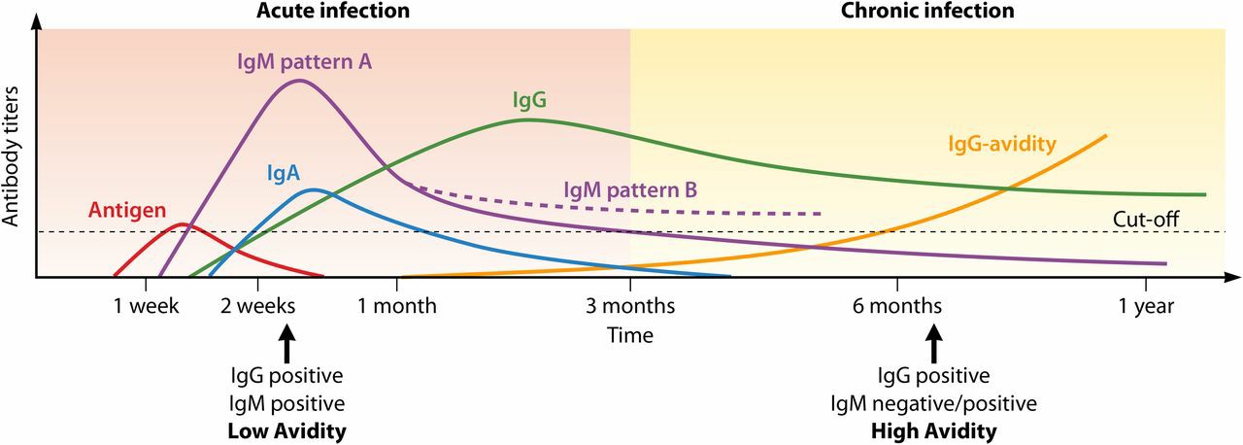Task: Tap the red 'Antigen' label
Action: (x=126, y=209)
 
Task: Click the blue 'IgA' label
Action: (x=283, y=174)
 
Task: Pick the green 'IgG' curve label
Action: (x=528, y=99)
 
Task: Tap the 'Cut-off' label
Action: (x=1147, y=220)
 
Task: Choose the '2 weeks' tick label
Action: (x=257, y=306)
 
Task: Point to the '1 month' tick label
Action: (x=397, y=306)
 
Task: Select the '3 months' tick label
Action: (x=630, y=306)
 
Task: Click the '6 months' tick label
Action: (x=896, y=306)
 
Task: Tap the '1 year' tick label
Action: (x=1147, y=306)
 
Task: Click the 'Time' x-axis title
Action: (x=630, y=335)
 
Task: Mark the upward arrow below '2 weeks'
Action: (x=286, y=345)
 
